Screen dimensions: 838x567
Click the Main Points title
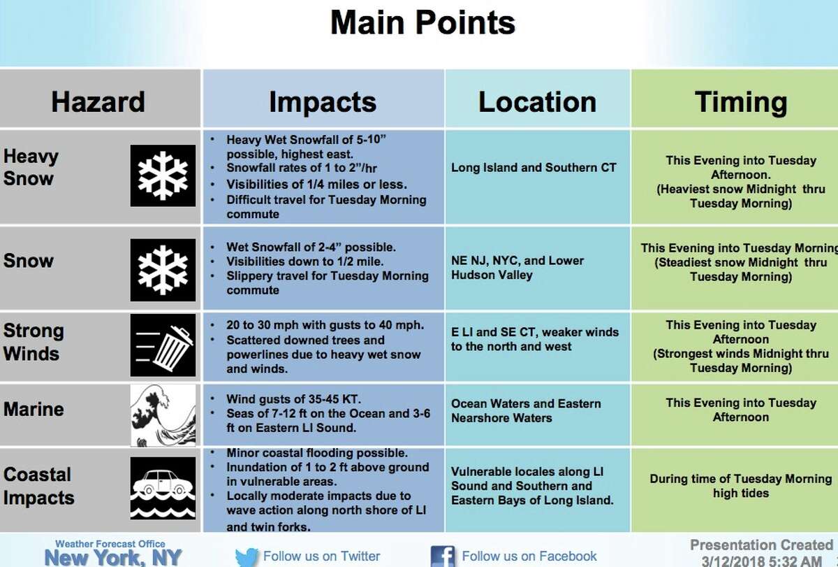coord(422,22)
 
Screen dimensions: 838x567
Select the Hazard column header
coord(98,101)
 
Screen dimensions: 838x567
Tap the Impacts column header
coord(323,102)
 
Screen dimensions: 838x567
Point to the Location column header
coord(537,101)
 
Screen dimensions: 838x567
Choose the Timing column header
coord(741,102)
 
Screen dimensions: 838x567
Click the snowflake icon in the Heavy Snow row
coord(163,175)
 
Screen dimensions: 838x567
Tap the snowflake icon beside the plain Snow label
coord(163,270)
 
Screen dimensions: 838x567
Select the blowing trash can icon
coord(163,345)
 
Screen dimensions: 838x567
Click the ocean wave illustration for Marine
coord(163,415)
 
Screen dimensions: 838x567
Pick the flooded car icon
coord(163,488)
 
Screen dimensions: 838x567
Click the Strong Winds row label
coord(34,342)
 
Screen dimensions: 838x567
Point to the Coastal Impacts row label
coord(39,486)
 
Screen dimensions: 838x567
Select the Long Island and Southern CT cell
coord(534,167)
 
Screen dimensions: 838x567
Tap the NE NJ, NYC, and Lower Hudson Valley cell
coord(517,268)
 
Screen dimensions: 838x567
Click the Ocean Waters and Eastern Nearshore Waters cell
coord(526,410)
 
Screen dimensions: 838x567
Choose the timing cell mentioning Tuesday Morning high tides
coord(741,486)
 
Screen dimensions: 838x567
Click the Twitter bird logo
coord(247,557)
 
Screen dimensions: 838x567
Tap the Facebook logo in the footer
coord(443,557)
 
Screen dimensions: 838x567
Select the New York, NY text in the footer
coord(113,558)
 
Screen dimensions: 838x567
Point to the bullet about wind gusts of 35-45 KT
coord(293,399)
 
